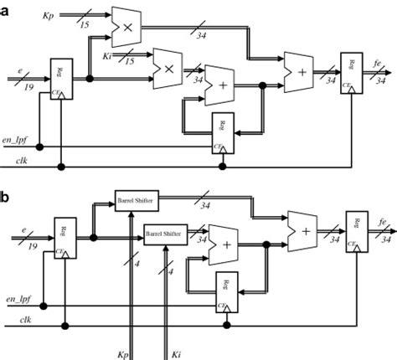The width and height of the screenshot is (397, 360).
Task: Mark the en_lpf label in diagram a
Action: (17, 146)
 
